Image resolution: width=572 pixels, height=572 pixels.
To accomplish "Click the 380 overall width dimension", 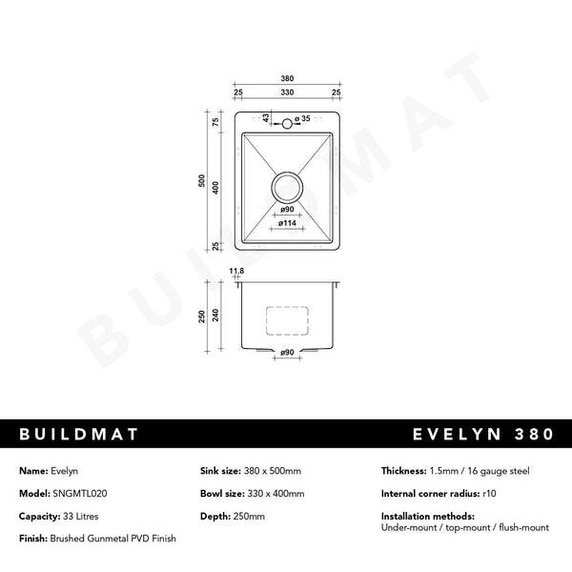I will pyautogui.click(x=287, y=77).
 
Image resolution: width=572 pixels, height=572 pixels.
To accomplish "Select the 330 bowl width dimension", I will pyautogui.click(x=287, y=92).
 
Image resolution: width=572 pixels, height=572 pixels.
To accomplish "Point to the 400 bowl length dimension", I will pyautogui.click(x=216, y=188).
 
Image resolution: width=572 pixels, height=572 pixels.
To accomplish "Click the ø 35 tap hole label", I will pyautogui.click(x=302, y=119).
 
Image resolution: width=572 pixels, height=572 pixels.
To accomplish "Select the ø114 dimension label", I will pyautogui.click(x=287, y=222).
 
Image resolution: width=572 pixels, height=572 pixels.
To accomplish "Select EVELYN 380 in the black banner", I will pyautogui.click(x=483, y=435).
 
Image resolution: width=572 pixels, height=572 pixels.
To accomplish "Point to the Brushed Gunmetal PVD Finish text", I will pyautogui.click(x=112, y=539).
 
